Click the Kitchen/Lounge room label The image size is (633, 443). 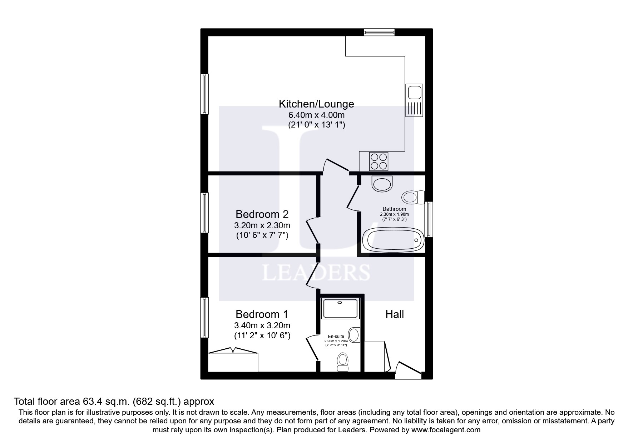(x=316, y=104)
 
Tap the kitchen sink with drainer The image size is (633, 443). (x=414, y=100)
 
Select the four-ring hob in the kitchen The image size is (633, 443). (x=379, y=161)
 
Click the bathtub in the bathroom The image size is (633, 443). (x=393, y=240)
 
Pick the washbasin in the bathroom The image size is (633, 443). (x=382, y=184)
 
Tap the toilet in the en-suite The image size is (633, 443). (x=342, y=362)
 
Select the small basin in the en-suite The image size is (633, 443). (x=354, y=335)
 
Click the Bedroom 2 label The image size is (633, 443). (x=262, y=214)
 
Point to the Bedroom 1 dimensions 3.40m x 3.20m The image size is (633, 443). (x=262, y=325)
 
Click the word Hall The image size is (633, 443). (x=395, y=314)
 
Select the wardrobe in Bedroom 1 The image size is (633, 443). (x=233, y=361)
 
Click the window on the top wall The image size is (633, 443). (x=379, y=32)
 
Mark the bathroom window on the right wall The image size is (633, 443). (x=429, y=219)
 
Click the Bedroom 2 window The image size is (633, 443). (x=204, y=213)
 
